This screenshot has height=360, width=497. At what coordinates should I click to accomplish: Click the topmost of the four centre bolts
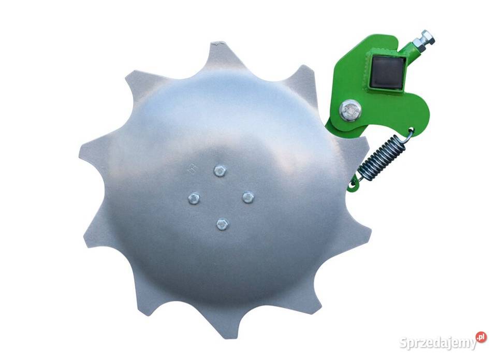click(x=220, y=171)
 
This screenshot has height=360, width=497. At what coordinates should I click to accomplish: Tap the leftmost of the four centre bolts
click(x=194, y=198)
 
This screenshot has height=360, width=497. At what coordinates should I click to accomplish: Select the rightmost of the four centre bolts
click(x=248, y=197)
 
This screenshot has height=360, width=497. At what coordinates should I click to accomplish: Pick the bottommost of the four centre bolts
click(x=223, y=224)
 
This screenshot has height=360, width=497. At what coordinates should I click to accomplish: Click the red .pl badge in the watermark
click(x=481, y=337)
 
